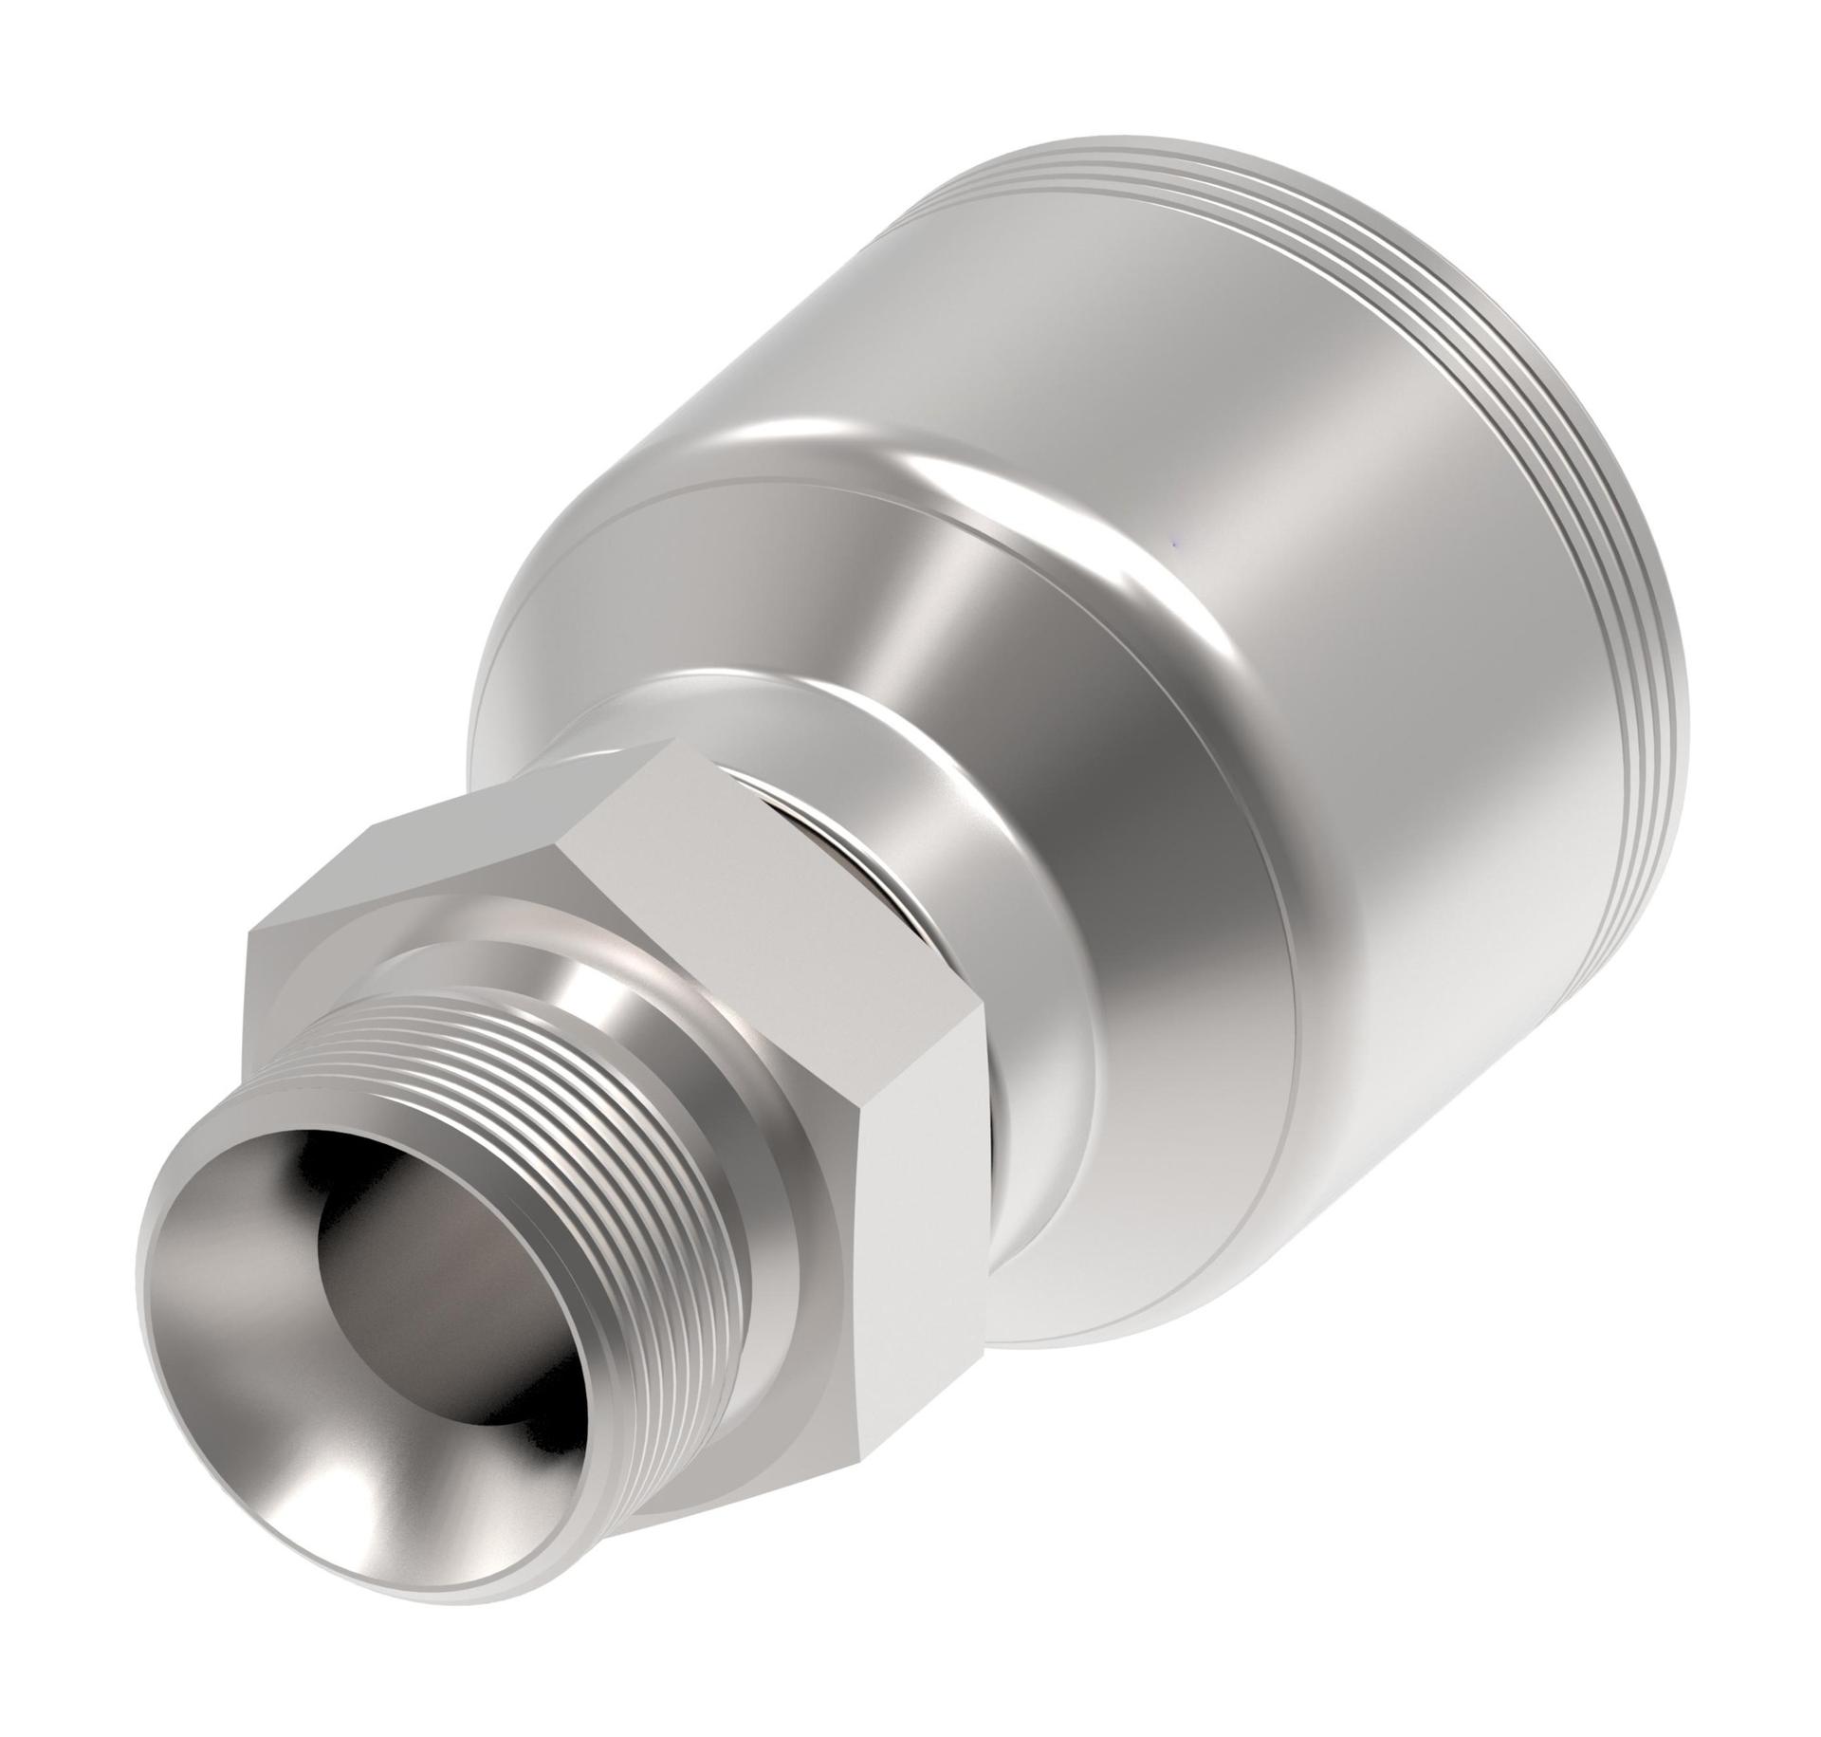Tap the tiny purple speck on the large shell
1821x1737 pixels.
1175,545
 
